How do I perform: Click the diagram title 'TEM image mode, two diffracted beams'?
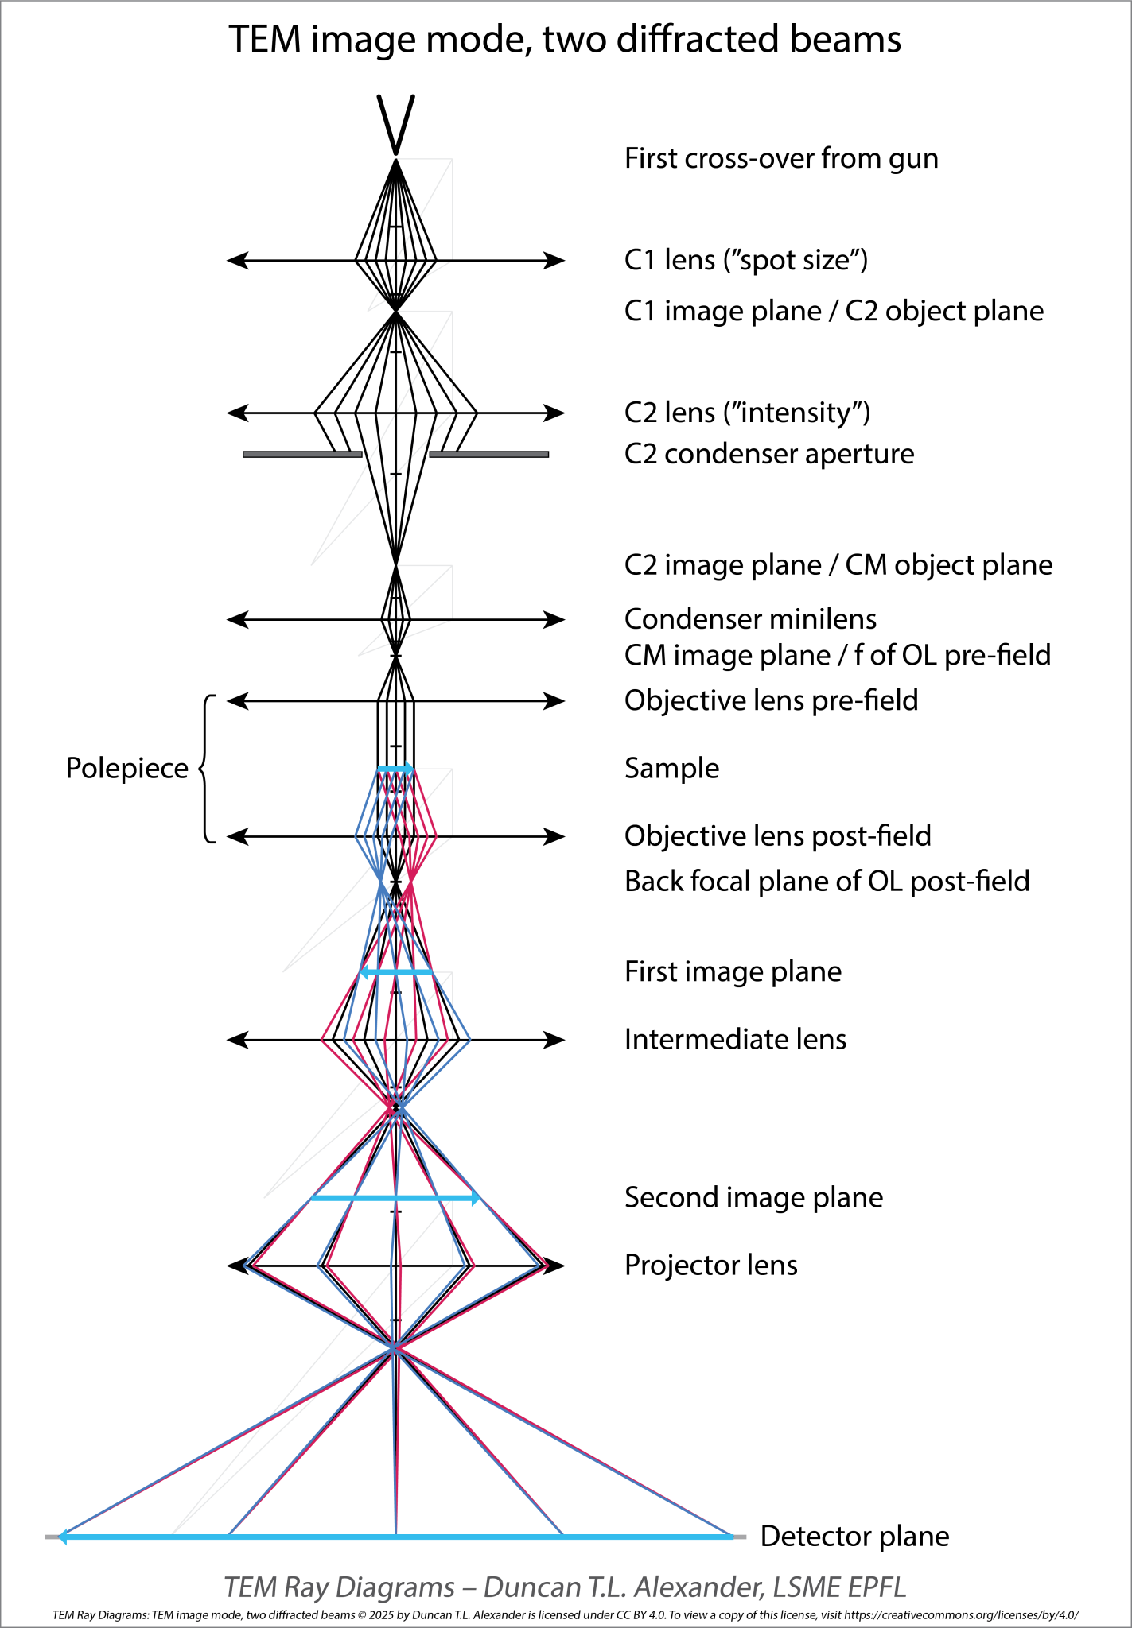point(565,40)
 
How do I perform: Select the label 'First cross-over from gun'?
point(781,159)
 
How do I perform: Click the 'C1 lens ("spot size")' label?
point(745,260)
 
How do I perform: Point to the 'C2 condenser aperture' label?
point(768,454)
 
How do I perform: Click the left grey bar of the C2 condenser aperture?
point(302,455)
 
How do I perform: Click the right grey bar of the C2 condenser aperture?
point(488,455)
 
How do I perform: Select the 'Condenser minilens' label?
point(750,618)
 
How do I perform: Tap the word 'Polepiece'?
point(126,769)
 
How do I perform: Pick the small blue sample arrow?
point(395,769)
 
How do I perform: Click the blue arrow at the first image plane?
point(396,972)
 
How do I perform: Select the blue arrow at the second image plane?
point(395,1198)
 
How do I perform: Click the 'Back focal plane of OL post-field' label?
point(827,882)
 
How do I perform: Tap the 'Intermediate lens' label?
point(735,1040)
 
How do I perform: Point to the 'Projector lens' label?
point(710,1266)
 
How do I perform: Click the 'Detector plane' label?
point(854,1537)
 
